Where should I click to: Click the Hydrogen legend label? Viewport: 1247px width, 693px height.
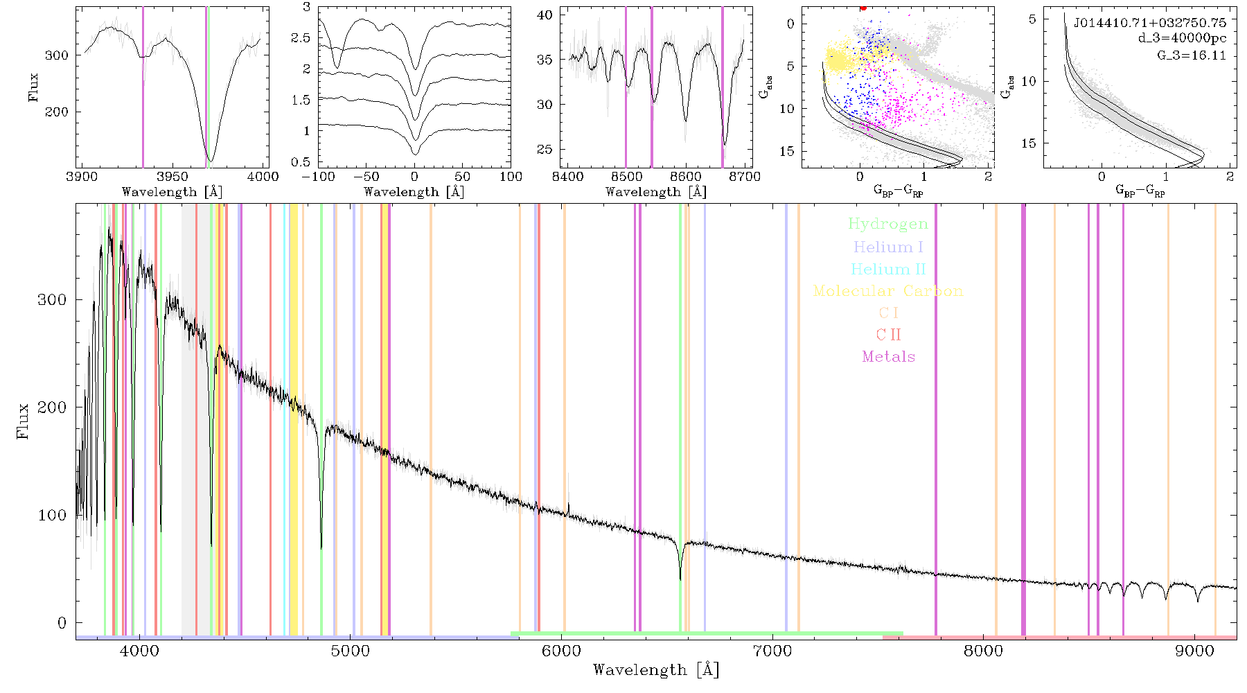[x=888, y=225]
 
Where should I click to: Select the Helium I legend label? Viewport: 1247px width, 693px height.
[x=888, y=247]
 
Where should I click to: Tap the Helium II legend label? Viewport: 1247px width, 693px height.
[x=888, y=269]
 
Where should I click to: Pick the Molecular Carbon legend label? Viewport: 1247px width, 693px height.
[x=888, y=291]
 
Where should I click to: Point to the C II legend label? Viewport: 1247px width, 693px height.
[x=888, y=335]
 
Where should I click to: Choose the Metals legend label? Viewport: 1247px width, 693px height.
[x=888, y=357]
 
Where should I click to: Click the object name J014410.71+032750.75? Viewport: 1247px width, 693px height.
[x=1150, y=23]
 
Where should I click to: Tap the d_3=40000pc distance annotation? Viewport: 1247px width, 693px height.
[x=1182, y=39]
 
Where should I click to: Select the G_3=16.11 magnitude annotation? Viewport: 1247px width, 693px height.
[x=1192, y=55]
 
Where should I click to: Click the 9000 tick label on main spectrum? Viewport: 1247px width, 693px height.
[x=1195, y=651]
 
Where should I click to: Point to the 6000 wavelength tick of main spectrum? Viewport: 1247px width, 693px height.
[x=562, y=651]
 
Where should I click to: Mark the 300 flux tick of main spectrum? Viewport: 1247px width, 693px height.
[x=52, y=299]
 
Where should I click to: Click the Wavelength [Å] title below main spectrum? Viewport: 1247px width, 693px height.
[x=656, y=670]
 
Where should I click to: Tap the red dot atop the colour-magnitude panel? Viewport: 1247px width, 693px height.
[x=863, y=8]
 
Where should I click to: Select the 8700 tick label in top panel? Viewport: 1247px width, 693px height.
[x=745, y=177]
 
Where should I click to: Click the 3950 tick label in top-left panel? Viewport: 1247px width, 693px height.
[x=173, y=177]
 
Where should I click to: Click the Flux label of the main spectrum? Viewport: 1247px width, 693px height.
[x=23, y=421]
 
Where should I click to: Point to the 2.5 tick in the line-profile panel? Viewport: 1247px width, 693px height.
[x=301, y=38]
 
